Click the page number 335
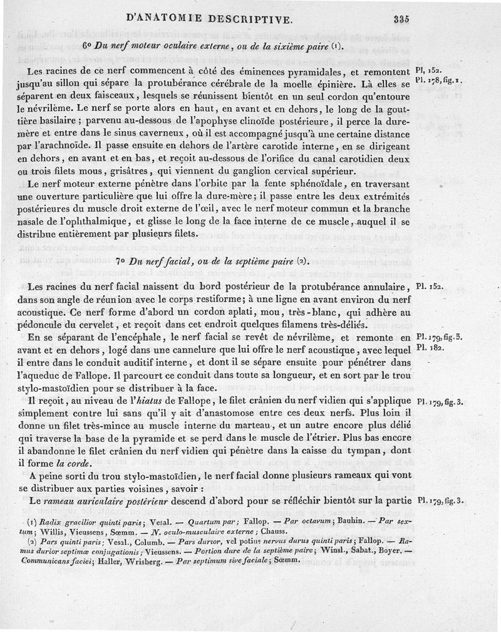401,19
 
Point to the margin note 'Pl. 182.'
430,347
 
